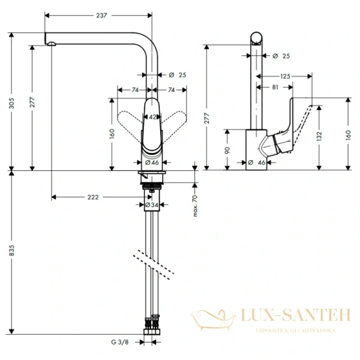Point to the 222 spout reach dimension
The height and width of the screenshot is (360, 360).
coord(92,197)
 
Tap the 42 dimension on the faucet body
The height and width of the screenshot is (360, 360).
coord(152,117)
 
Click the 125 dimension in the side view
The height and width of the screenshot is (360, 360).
coord(285,76)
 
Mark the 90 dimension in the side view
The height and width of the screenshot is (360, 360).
coord(227,149)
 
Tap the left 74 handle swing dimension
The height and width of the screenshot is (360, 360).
coord(135,90)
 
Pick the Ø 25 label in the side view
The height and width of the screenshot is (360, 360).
coord(281,56)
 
